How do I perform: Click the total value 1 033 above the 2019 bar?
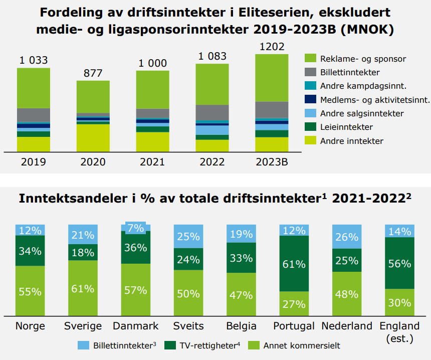(x=34, y=61)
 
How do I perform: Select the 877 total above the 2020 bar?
(x=93, y=73)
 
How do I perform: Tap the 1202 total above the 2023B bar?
(x=272, y=47)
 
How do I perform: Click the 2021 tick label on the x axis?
(x=152, y=162)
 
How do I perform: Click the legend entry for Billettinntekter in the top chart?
(x=350, y=73)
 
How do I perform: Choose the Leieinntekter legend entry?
(x=346, y=127)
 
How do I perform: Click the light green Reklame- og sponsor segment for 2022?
(x=212, y=84)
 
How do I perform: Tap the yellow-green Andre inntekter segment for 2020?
(x=93, y=137)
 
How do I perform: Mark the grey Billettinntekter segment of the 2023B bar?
(x=272, y=109)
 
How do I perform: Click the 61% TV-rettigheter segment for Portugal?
(x=294, y=264)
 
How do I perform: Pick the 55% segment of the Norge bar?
(x=30, y=291)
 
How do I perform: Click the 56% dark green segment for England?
(x=399, y=263)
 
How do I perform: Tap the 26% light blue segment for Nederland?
(x=346, y=237)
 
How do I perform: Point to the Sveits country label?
(x=188, y=326)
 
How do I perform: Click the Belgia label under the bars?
(x=241, y=326)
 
